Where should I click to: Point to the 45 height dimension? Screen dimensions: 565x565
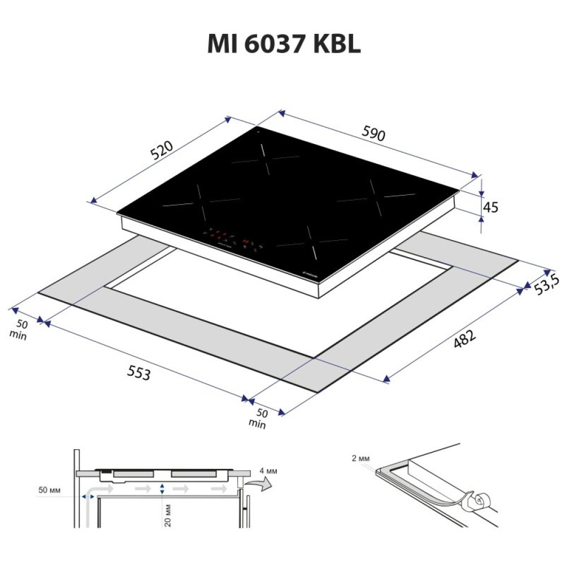coord(491,207)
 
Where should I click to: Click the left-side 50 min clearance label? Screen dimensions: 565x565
coord(20,329)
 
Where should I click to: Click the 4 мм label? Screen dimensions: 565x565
coord(268,470)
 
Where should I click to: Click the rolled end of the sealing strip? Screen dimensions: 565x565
coord(480,501)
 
